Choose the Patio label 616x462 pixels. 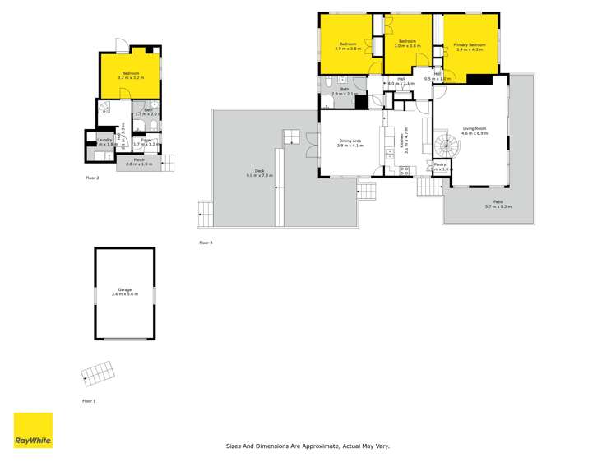tap(498, 204)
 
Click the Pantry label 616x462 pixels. tap(439, 167)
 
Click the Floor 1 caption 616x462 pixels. tap(89, 400)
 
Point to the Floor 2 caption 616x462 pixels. tap(92, 177)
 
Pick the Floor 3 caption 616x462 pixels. tap(206, 243)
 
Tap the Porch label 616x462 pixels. tap(132, 161)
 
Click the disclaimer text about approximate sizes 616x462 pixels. tap(308, 446)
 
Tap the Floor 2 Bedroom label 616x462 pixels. tap(131, 76)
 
